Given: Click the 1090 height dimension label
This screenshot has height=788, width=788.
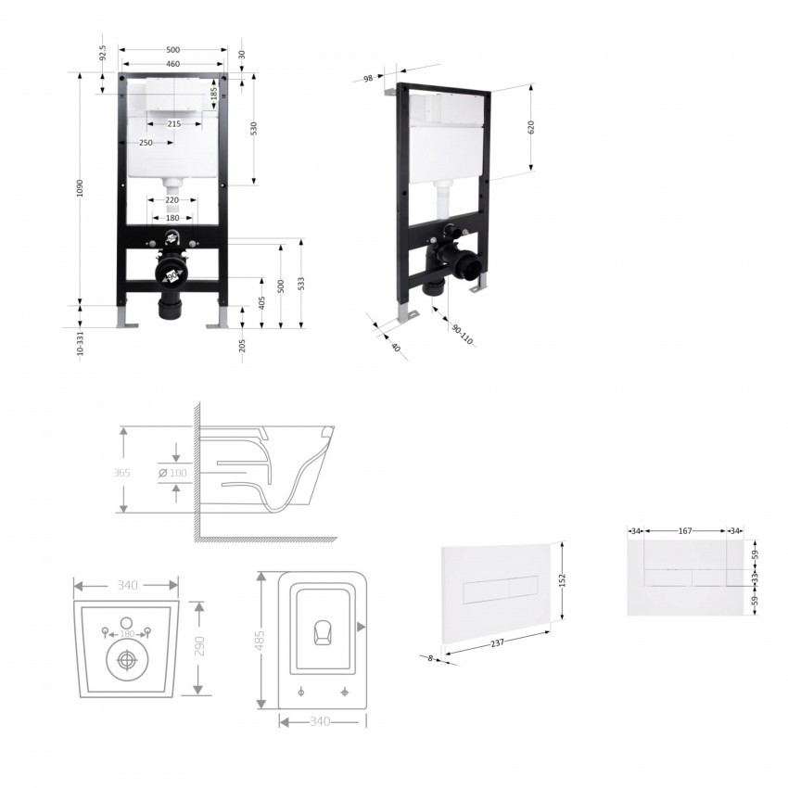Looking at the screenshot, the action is pos(80,188).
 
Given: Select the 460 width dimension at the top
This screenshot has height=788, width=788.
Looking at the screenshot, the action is pos(172,64).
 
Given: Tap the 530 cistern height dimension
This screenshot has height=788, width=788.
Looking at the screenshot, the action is pos(254,128).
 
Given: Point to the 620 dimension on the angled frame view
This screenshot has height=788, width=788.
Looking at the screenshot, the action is pos(531,127).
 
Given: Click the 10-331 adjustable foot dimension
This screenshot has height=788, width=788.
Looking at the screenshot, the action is pos(80,343).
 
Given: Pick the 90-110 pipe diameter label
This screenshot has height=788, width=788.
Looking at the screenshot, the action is pos(462,335).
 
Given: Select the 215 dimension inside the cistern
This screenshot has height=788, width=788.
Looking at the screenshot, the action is pos(174,123).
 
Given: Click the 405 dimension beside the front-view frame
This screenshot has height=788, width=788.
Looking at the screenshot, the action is pos(261,302).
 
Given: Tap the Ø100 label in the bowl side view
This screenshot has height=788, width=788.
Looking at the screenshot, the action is pos(172,473).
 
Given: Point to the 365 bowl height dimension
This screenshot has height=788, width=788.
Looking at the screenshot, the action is pos(121,473).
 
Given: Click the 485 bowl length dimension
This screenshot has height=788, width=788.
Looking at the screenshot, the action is pos(260,641).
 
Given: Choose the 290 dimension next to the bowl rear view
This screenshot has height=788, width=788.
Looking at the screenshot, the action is pos(199,646).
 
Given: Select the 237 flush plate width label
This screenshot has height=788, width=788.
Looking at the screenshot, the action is pos(497,642).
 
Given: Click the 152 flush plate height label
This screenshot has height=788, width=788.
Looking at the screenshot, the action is pos(563,580).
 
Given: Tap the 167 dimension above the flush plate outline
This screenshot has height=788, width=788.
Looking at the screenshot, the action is pos(685,530).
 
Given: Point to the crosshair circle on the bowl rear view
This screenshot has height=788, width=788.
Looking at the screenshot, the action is pos(126,660).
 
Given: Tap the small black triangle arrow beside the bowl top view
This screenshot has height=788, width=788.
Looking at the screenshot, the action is pos(361,627).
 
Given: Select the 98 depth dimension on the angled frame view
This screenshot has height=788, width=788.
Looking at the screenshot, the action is pos(368,79).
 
